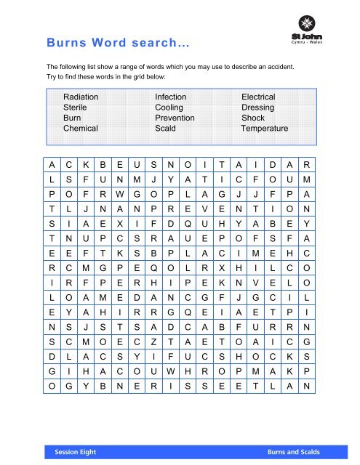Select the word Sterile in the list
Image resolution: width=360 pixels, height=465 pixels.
click(x=77, y=107)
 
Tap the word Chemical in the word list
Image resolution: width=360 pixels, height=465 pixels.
click(x=81, y=128)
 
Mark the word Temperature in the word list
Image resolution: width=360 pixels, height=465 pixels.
click(x=265, y=128)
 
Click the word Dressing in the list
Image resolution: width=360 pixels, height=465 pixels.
click(x=258, y=107)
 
